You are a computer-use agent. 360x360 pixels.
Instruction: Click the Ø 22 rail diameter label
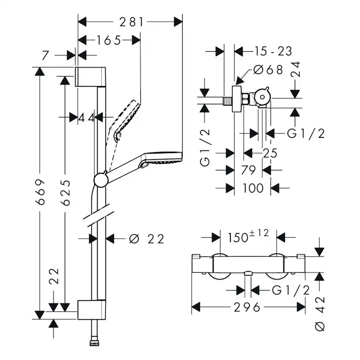(147, 239)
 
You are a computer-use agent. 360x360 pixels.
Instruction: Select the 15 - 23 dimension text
(273, 51)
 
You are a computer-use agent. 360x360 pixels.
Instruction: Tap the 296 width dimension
(247, 307)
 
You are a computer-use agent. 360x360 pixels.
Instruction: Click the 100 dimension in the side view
(253, 188)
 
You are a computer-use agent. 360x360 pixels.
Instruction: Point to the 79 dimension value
(248, 170)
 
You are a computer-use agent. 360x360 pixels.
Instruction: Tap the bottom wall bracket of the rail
(91, 310)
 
